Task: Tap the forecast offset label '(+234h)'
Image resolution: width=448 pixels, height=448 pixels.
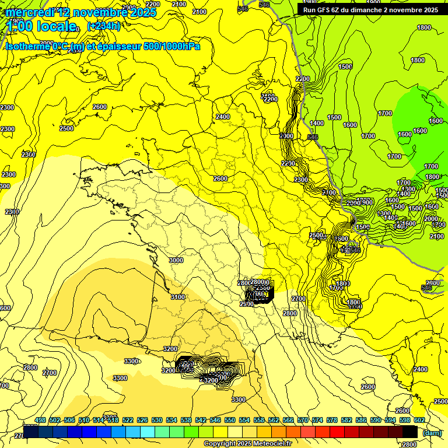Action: (103, 26)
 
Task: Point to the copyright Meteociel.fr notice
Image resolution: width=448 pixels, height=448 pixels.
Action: (247, 444)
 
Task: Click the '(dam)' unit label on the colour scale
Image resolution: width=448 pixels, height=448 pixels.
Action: (431, 432)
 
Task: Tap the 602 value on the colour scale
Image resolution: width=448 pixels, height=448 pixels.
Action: (419, 420)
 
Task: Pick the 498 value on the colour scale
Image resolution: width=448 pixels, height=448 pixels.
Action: (40, 420)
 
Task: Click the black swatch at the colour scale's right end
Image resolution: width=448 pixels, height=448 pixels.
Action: (410, 432)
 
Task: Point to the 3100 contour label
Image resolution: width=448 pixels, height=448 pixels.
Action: (178, 297)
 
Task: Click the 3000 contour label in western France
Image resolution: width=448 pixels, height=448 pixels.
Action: (176, 260)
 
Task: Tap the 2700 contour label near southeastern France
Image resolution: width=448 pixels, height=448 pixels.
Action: (298, 299)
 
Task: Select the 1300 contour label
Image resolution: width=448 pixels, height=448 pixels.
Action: (408, 189)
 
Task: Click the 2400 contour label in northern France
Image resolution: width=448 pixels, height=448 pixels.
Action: (223, 117)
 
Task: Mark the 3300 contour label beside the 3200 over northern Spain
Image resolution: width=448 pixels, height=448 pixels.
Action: (131, 361)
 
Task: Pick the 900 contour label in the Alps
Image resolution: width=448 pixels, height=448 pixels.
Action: (367, 202)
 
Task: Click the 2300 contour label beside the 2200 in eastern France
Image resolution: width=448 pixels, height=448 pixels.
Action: (301, 180)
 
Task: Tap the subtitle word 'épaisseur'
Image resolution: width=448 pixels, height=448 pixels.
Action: (117, 46)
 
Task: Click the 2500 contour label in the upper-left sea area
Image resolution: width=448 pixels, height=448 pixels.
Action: (66, 128)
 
